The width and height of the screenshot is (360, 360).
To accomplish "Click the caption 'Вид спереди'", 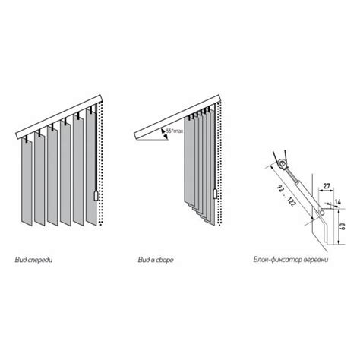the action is click(x=33, y=260).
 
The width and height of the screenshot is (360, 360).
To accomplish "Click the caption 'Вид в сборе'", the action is click(x=156, y=260).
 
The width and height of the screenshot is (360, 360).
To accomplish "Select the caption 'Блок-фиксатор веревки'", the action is click(x=291, y=260).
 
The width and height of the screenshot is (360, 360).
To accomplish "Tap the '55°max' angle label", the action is click(x=175, y=131).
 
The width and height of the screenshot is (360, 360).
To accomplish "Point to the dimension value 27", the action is click(x=327, y=186).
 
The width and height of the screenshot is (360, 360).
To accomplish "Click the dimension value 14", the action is click(x=338, y=202).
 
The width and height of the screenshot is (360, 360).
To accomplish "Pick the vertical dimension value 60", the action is click(x=343, y=226).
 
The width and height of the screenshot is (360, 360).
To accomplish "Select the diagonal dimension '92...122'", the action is click(x=286, y=195).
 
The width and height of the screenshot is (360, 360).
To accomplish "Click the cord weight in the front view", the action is click(x=96, y=196).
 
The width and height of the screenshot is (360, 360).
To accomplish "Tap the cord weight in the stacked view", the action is click(x=215, y=194).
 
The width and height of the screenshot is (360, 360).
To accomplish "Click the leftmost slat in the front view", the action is click(x=27, y=182).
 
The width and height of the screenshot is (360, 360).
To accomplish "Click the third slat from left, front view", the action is click(x=52, y=176).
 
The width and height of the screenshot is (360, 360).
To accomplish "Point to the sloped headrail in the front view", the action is click(x=59, y=117).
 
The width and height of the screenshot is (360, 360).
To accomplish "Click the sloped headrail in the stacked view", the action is click(x=178, y=117).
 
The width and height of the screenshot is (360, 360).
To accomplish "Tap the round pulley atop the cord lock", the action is click(x=282, y=163).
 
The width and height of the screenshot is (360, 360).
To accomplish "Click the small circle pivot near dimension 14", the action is click(x=321, y=213).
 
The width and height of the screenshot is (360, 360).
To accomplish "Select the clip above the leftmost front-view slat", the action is click(x=26, y=139).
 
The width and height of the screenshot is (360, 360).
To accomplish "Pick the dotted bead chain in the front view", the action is click(x=101, y=163).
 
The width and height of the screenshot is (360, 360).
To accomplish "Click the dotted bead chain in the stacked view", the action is click(x=219, y=163).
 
